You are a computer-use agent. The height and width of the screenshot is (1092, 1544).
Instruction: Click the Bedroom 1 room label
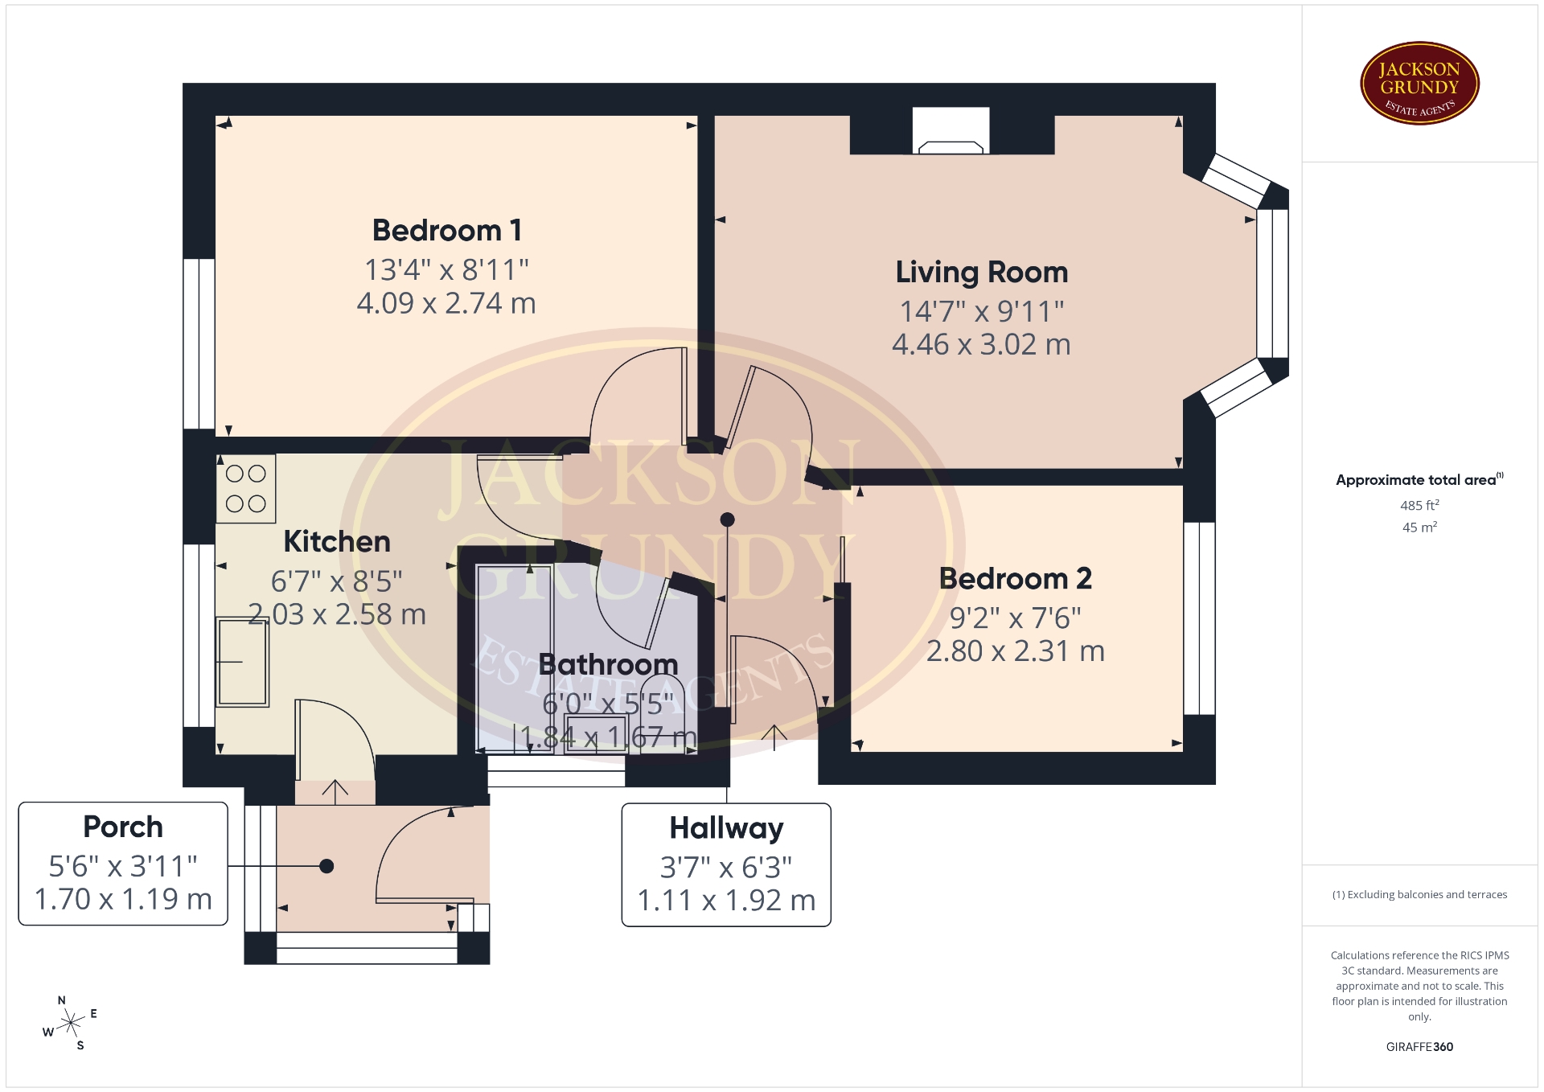(447, 231)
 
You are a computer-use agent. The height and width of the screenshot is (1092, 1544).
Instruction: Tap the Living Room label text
(982, 273)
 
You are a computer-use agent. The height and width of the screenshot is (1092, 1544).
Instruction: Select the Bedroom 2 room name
(1016, 579)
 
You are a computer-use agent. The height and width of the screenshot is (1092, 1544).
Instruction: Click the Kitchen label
(337, 542)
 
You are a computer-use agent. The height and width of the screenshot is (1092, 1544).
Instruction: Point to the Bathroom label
(609, 665)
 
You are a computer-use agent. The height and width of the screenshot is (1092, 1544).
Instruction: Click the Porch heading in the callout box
(123, 827)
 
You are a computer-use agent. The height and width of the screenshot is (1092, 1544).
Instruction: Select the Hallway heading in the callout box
(726, 828)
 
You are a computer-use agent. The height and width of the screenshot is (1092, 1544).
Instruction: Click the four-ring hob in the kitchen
(246, 489)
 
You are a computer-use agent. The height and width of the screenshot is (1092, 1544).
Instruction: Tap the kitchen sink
(242, 662)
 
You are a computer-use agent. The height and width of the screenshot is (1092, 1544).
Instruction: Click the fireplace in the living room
(951, 131)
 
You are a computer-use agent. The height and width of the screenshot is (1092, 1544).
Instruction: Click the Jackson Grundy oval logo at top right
(1420, 84)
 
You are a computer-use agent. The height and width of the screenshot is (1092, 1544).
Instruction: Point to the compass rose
(72, 1024)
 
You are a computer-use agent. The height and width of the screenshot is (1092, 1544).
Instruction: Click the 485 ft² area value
(1419, 506)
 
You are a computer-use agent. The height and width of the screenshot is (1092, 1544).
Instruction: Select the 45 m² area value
(1419, 528)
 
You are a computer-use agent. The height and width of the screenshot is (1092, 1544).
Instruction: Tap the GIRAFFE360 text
(1419, 1047)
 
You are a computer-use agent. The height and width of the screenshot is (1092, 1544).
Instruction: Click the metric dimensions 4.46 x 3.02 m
(982, 345)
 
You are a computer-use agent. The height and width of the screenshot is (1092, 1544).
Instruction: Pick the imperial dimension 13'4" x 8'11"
(447, 270)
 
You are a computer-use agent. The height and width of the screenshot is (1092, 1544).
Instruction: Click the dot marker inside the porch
(326, 866)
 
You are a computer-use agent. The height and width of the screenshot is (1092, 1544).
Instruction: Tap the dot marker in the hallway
(728, 519)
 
